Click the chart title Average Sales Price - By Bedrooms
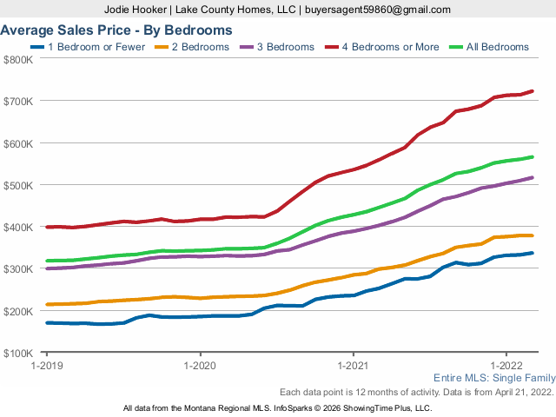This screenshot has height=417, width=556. [116, 30]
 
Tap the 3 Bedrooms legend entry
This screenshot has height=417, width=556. [279, 47]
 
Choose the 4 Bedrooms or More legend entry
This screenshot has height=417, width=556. [382, 47]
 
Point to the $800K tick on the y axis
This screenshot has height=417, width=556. [19, 59]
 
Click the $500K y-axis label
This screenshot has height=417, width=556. [19, 185]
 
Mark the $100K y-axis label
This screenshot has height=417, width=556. [19, 353]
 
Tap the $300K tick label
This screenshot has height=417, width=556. [19, 269]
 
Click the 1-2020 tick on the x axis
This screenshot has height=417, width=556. [200, 366]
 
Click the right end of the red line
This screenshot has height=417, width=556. [533, 91]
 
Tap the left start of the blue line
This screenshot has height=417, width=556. [47, 322]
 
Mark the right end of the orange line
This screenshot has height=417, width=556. [533, 235]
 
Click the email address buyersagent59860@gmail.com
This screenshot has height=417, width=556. [376, 10]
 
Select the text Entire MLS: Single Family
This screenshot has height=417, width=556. [493, 379]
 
